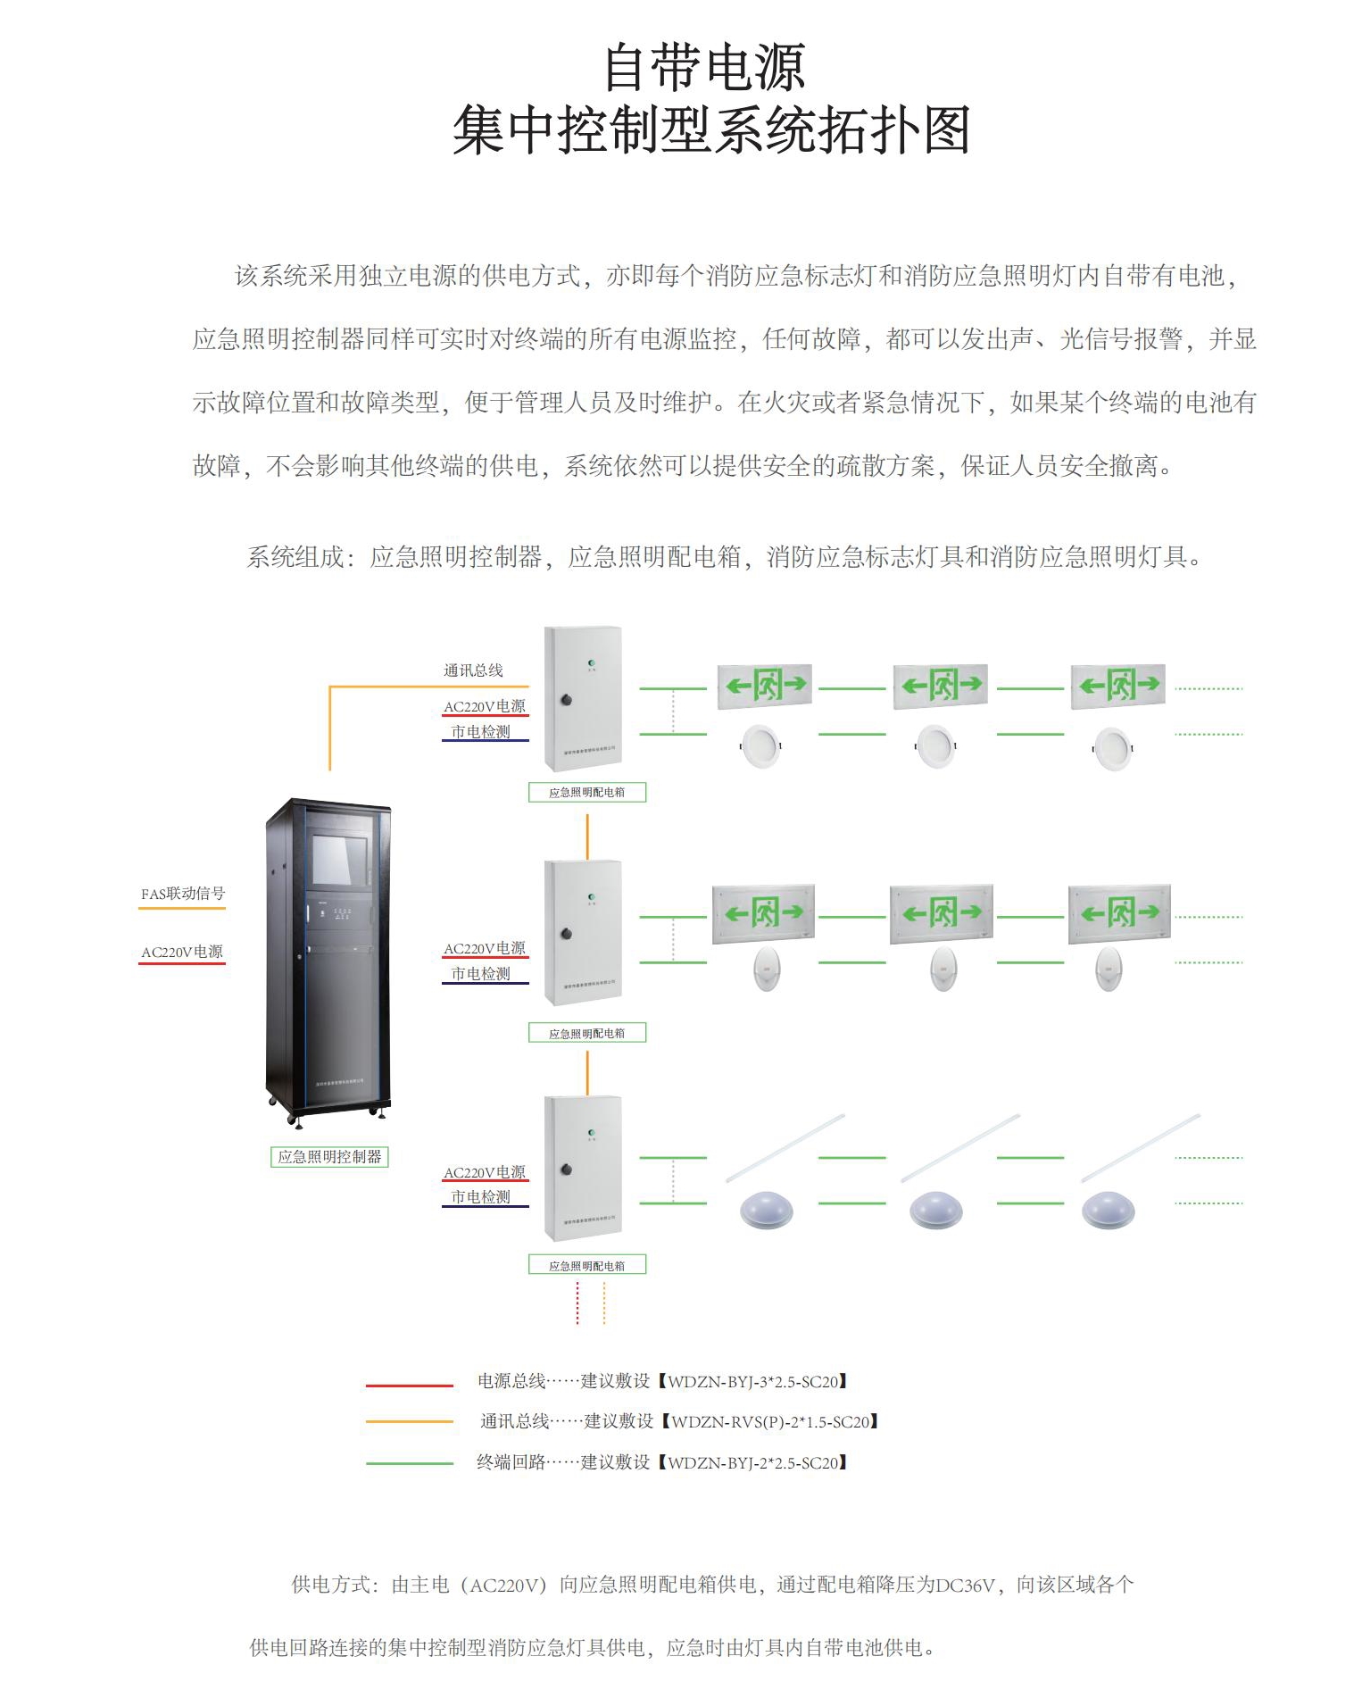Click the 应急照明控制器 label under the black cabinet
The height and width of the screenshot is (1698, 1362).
tap(329, 1157)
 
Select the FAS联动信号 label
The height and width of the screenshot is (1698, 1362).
tap(183, 894)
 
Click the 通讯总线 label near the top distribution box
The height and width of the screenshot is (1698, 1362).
tap(473, 670)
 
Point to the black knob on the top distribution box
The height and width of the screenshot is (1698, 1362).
tap(566, 700)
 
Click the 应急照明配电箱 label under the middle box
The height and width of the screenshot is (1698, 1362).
tap(586, 1033)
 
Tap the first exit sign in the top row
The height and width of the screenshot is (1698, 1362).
tap(765, 686)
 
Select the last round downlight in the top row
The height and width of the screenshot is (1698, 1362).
tap(1113, 747)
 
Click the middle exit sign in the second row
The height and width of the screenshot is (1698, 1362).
tap(941, 912)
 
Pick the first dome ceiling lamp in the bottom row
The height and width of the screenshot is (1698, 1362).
tap(766, 1211)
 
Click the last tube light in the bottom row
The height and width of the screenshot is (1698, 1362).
tap(1140, 1148)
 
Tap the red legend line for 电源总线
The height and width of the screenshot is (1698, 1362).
tap(410, 1386)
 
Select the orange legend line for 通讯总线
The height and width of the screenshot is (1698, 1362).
tap(410, 1421)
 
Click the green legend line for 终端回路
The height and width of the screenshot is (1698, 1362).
tap(410, 1463)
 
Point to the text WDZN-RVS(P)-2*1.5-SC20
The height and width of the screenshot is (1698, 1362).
tap(769, 1422)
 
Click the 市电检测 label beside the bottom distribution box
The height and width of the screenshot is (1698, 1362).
tap(480, 1197)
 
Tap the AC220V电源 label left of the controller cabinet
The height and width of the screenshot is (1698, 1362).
tap(182, 953)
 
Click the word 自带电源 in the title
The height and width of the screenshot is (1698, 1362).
tap(704, 69)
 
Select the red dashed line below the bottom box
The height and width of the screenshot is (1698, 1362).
tap(577, 1303)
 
